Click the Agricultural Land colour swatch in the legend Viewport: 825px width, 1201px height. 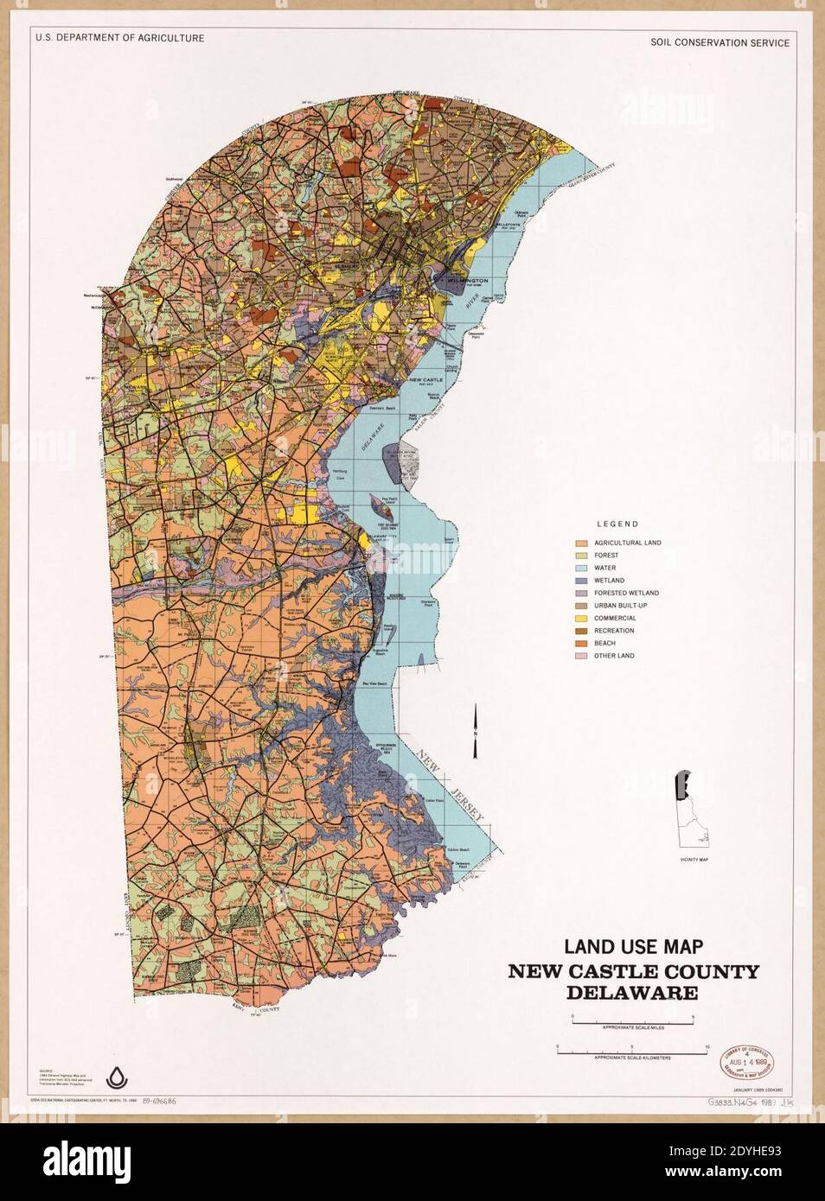point(583,543)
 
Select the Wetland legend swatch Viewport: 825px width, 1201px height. point(583,581)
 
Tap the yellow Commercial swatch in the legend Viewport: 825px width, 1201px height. point(583,618)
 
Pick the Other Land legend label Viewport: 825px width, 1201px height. point(614,656)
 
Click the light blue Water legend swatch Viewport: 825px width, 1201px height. point(583,568)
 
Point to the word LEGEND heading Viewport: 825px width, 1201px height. point(617,524)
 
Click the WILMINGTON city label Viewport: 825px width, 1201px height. point(468,281)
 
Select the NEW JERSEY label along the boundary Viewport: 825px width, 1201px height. point(450,786)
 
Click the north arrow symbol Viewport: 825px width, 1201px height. point(475,731)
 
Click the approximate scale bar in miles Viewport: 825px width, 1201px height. point(632,1020)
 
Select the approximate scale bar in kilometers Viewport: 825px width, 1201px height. point(632,1051)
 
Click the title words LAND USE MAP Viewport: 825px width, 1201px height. point(633,948)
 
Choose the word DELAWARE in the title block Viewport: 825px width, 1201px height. point(633,993)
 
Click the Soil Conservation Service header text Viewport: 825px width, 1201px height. point(719,42)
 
